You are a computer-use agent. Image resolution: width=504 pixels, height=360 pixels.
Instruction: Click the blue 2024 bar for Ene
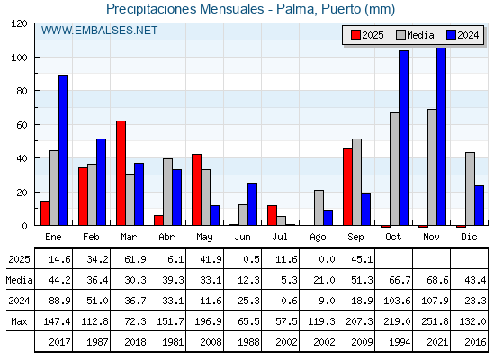click(x=63, y=150)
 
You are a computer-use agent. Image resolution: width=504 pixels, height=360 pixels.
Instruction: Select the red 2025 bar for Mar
click(x=121, y=173)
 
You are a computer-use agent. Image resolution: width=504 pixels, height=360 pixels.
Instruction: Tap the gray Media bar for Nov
click(x=432, y=167)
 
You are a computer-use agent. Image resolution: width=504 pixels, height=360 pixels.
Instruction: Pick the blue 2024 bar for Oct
click(x=404, y=138)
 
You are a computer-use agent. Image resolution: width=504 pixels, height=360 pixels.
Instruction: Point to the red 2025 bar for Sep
click(x=347, y=187)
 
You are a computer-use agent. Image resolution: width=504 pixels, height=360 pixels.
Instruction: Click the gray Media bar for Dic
click(x=470, y=189)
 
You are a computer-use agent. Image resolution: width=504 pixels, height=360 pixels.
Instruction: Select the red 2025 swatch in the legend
click(x=355, y=35)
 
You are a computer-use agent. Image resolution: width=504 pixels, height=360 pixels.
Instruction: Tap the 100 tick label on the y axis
click(x=19, y=58)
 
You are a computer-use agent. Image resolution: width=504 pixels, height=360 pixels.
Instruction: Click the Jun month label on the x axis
click(x=242, y=238)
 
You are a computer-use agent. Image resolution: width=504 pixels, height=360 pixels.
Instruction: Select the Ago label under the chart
click(x=318, y=238)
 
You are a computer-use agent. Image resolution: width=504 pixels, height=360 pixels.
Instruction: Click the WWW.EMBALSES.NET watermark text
click(x=99, y=31)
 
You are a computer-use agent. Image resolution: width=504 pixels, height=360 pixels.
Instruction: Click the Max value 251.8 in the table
click(x=435, y=321)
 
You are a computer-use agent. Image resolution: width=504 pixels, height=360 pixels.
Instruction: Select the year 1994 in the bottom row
click(x=400, y=342)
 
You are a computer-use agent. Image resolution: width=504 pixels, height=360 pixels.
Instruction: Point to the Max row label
click(x=19, y=321)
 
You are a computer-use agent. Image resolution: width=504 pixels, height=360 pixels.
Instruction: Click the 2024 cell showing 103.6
click(x=397, y=301)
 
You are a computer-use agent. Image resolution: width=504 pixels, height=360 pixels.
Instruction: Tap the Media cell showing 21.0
click(x=324, y=280)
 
